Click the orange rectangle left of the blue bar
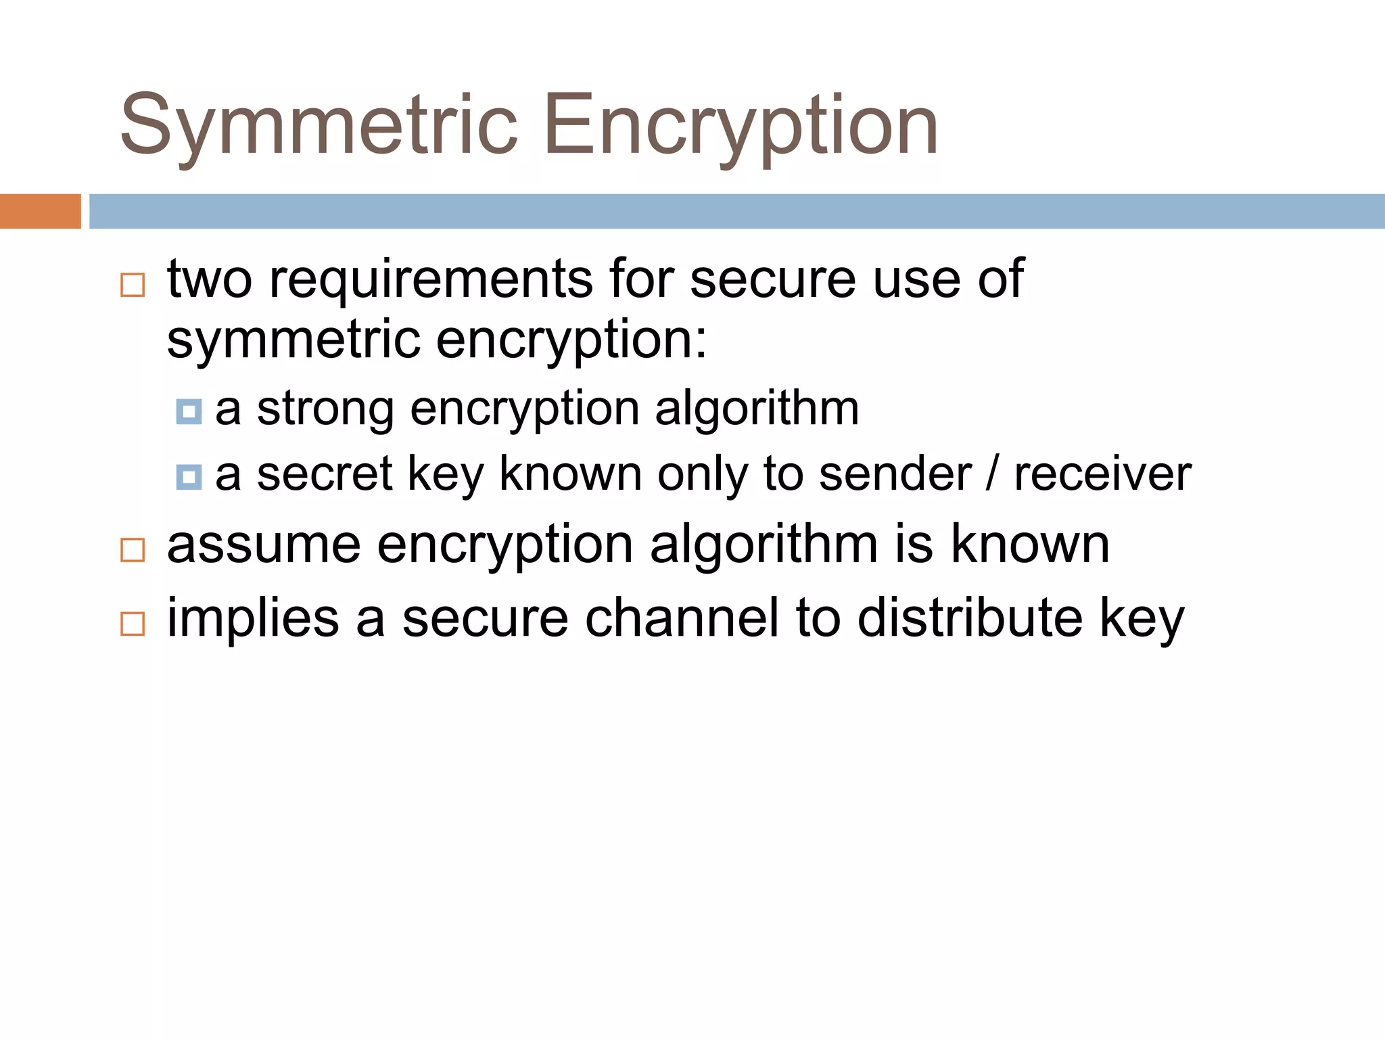pos(40,211)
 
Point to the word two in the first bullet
pos(210,279)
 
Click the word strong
pos(325,409)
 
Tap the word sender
pos(895,474)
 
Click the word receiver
pos(1102,474)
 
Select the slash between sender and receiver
pos(992,474)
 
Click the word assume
pos(264,545)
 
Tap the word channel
pos(682,618)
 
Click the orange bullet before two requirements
pos(133,285)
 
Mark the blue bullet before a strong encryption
pos(189,411)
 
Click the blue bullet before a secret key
pos(189,477)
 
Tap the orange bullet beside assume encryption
pos(133,550)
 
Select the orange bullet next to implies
pos(133,624)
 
